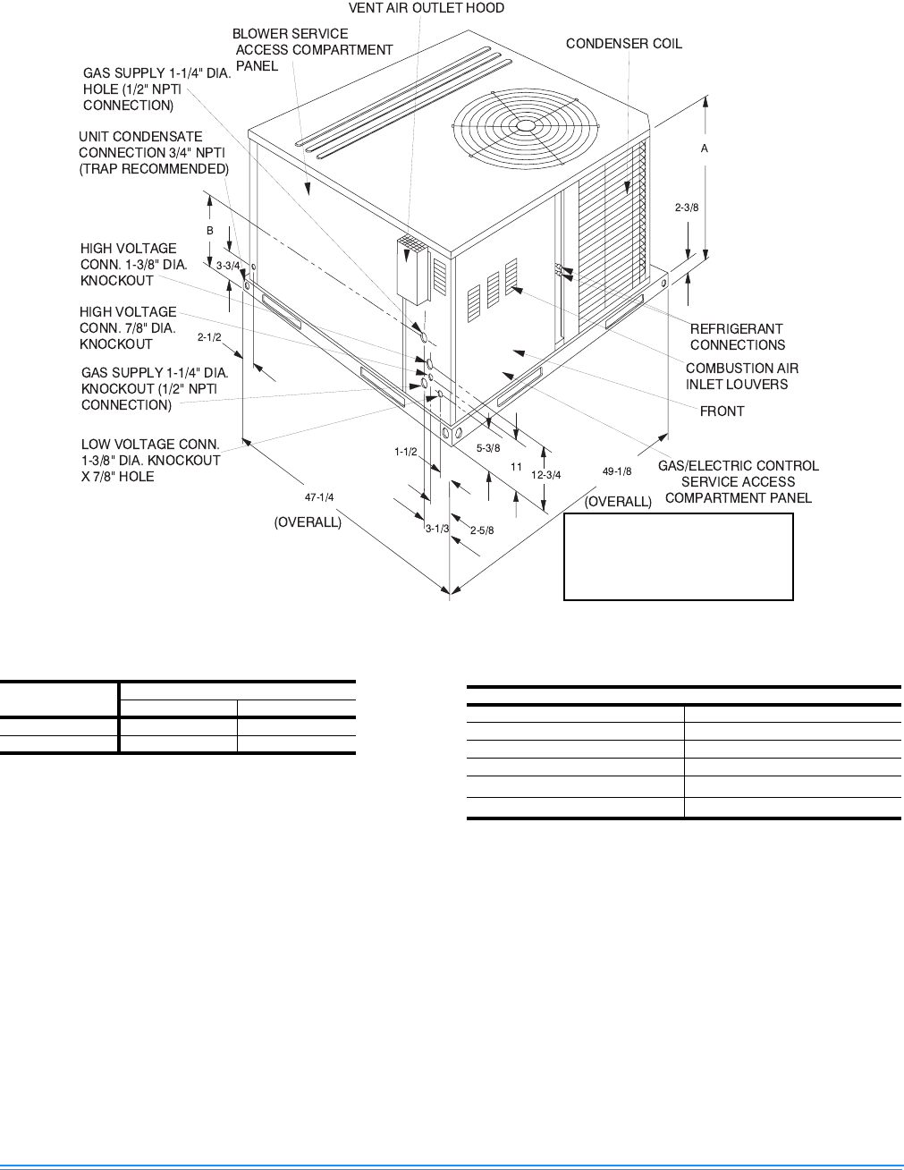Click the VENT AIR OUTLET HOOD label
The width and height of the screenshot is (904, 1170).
[426, 8]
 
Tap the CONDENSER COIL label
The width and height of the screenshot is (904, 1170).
[623, 43]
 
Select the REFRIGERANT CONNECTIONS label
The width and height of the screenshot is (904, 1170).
[737, 337]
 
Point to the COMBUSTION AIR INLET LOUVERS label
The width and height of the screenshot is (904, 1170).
[741, 376]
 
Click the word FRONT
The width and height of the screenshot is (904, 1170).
[722, 411]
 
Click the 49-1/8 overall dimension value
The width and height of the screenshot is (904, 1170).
[617, 471]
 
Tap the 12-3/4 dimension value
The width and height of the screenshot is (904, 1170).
[545, 475]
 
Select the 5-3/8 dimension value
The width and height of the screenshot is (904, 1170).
[487, 447]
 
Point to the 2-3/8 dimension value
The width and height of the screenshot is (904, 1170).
[686, 208]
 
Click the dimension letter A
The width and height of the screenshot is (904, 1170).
[705, 149]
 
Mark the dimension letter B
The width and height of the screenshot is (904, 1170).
[210, 230]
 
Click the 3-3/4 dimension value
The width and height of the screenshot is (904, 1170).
[228, 265]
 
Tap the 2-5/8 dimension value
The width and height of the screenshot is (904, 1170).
[482, 530]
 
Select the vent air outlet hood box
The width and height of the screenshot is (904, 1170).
[411, 269]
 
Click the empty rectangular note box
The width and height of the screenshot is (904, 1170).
[678, 555]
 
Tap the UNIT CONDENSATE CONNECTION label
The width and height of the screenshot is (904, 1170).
[153, 153]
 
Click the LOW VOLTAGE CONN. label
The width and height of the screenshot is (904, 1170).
[150, 460]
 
